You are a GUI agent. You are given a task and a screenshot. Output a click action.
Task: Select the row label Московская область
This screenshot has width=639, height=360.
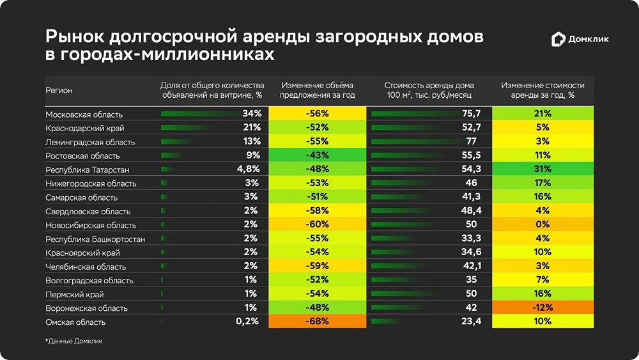pyautogui.click(x=84, y=114)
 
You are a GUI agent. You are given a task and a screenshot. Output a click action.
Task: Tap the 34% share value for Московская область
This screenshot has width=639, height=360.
pyautogui.click(x=250, y=114)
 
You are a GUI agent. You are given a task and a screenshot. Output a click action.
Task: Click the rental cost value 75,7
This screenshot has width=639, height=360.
pyautogui.click(x=470, y=114)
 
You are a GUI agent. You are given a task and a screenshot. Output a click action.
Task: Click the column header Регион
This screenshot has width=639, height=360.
pyautogui.click(x=59, y=91)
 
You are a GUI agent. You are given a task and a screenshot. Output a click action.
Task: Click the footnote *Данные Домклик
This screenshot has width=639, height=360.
pyautogui.click(x=73, y=341)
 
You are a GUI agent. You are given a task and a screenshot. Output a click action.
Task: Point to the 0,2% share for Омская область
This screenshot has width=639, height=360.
pyautogui.click(x=247, y=322)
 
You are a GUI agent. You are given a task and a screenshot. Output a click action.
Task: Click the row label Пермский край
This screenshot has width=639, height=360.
pyautogui.click(x=74, y=294)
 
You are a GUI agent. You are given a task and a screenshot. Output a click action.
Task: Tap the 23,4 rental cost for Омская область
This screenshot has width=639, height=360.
pyautogui.click(x=470, y=322)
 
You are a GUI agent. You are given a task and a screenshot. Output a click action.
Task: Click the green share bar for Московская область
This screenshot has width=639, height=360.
pyautogui.click(x=192, y=114)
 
